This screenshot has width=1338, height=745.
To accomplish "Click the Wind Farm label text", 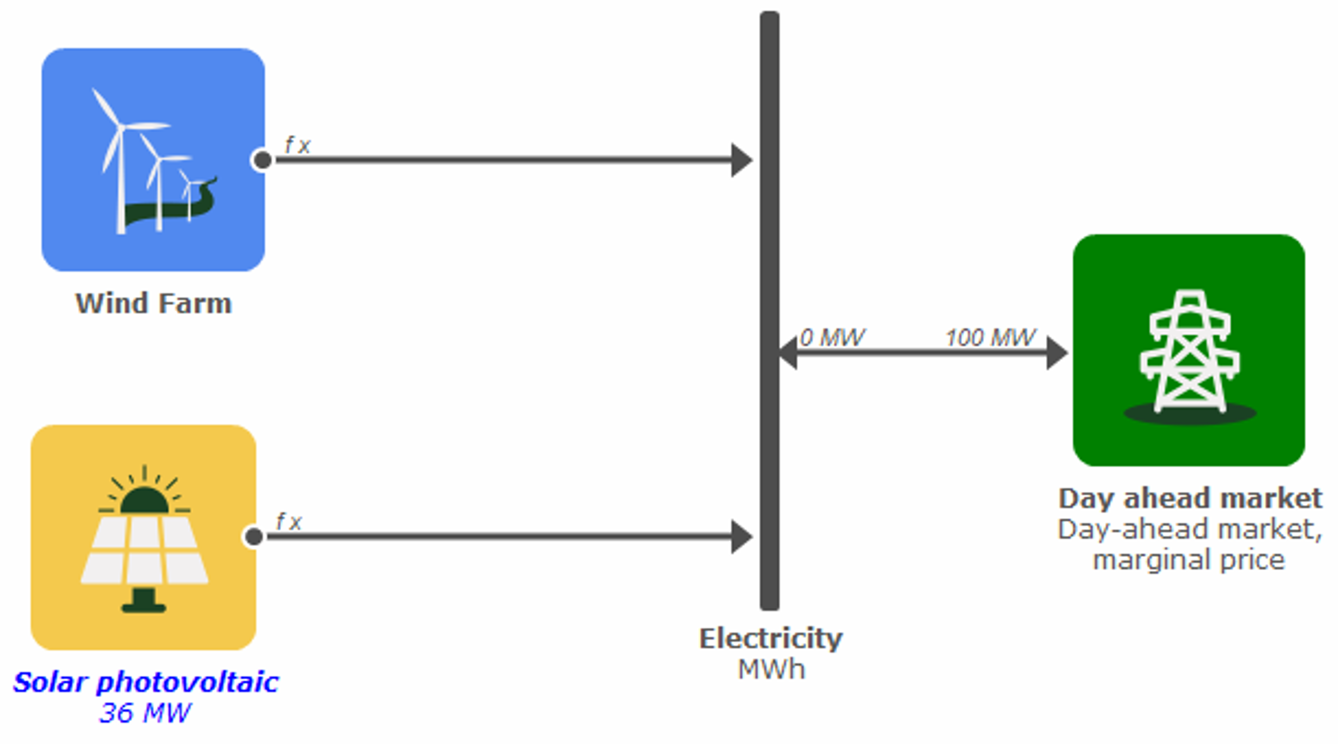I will [x=154, y=304].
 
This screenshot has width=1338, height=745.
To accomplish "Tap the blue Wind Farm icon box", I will [x=153, y=160].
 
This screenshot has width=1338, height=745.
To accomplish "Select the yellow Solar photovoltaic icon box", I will [x=144, y=537].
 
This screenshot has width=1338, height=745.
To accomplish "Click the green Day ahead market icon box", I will [x=1188, y=350].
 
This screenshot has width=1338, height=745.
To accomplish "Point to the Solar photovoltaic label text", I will [x=146, y=683].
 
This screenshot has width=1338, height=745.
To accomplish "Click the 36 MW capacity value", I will [x=145, y=713].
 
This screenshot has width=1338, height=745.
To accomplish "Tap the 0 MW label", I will [x=832, y=338].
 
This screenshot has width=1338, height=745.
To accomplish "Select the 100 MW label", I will [x=990, y=338].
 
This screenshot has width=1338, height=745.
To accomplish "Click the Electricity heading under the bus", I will [x=771, y=639].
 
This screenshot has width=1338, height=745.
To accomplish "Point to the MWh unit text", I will [x=771, y=670].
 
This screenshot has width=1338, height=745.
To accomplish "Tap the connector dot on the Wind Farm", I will [x=262, y=160].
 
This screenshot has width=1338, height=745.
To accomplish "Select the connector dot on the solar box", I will [x=254, y=536].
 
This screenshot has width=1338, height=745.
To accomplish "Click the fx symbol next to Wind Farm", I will [x=297, y=145].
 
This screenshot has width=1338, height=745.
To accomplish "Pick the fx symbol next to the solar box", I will [x=289, y=521].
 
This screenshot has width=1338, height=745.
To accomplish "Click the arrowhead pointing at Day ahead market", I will [x=1056, y=353].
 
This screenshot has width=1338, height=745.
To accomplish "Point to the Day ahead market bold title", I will [x=1190, y=498].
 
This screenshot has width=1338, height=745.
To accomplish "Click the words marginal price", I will [x=1188, y=560].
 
